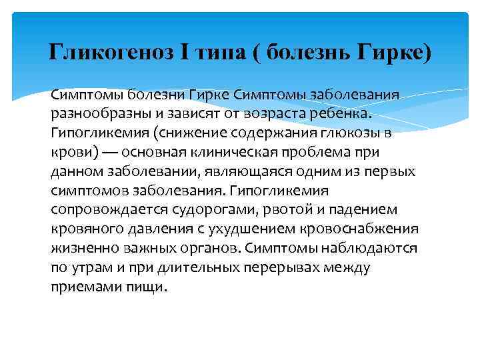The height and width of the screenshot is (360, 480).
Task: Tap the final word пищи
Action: click(x=153, y=287)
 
